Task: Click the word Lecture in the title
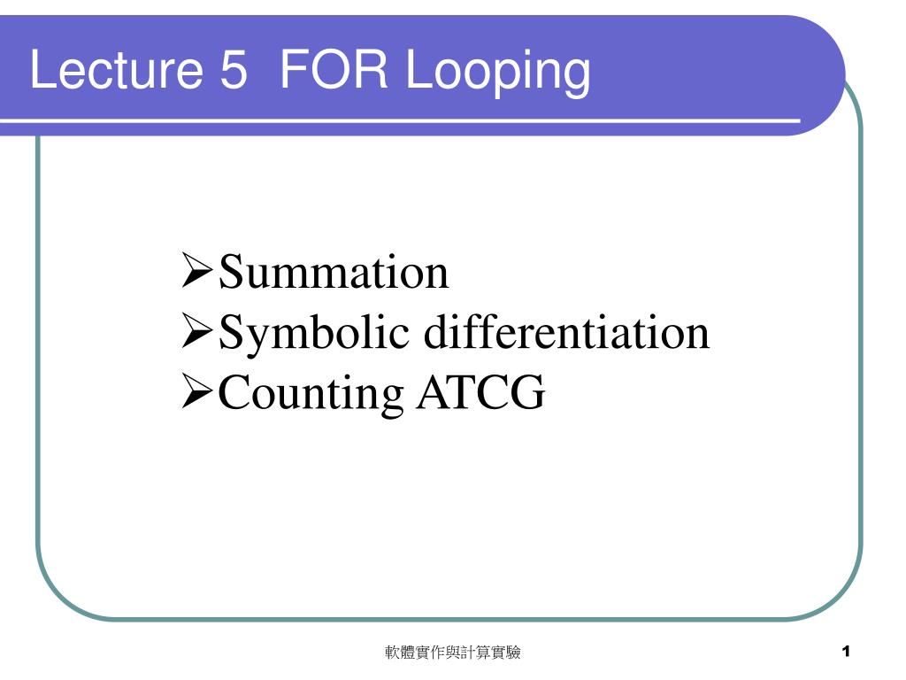pos(116,69)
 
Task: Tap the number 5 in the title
pos(234,69)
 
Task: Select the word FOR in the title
pos(334,69)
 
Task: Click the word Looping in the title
pos(497,73)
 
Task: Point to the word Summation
pos(334,272)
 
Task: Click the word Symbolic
pos(314,334)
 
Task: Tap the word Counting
pos(311,394)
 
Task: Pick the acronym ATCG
pos(480,391)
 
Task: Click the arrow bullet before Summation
pos(196,269)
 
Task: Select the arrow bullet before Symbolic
pos(196,330)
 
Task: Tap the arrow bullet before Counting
pos(196,390)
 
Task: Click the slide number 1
pos(846,652)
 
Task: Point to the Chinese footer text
pos(452,653)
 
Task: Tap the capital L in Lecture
pos(42,69)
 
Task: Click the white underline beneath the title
pos(400,121)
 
